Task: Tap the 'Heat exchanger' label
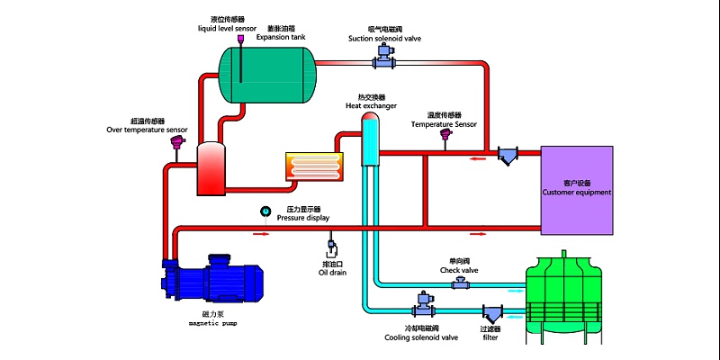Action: tap(371, 105)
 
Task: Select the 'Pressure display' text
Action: tap(303, 218)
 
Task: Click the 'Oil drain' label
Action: tap(331, 273)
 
